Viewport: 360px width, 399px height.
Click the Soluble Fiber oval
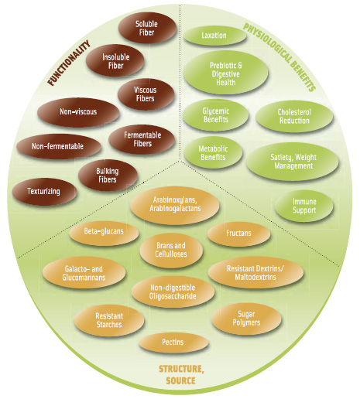click(x=147, y=28)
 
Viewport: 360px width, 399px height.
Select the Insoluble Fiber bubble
click(x=115, y=61)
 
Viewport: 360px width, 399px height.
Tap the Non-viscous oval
click(x=78, y=112)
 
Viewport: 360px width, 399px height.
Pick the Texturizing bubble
click(x=44, y=191)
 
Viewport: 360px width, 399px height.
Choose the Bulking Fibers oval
click(x=108, y=176)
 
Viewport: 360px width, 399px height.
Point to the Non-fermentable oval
click(x=59, y=146)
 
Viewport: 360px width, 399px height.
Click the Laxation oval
click(x=214, y=36)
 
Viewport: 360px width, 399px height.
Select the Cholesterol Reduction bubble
click(x=294, y=117)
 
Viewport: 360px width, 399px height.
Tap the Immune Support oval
click(x=304, y=206)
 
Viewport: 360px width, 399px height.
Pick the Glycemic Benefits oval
click(x=216, y=115)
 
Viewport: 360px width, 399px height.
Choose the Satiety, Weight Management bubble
click(x=293, y=161)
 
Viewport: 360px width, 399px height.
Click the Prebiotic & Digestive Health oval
click(x=226, y=73)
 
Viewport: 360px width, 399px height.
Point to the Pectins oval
click(x=173, y=343)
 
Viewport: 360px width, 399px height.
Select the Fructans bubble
click(x=239, y=234)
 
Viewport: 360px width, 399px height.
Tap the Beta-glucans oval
click(x=104, y=232)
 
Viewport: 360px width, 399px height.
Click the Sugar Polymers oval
click(x=246, y=319)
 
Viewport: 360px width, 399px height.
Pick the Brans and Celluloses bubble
click(x=171, y=250)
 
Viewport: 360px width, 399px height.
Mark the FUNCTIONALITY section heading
click(x=69, y=63)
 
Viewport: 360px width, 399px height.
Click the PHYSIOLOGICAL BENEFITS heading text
click(x=279, y=57)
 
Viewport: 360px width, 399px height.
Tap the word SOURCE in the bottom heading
click(x=180, y=380)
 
